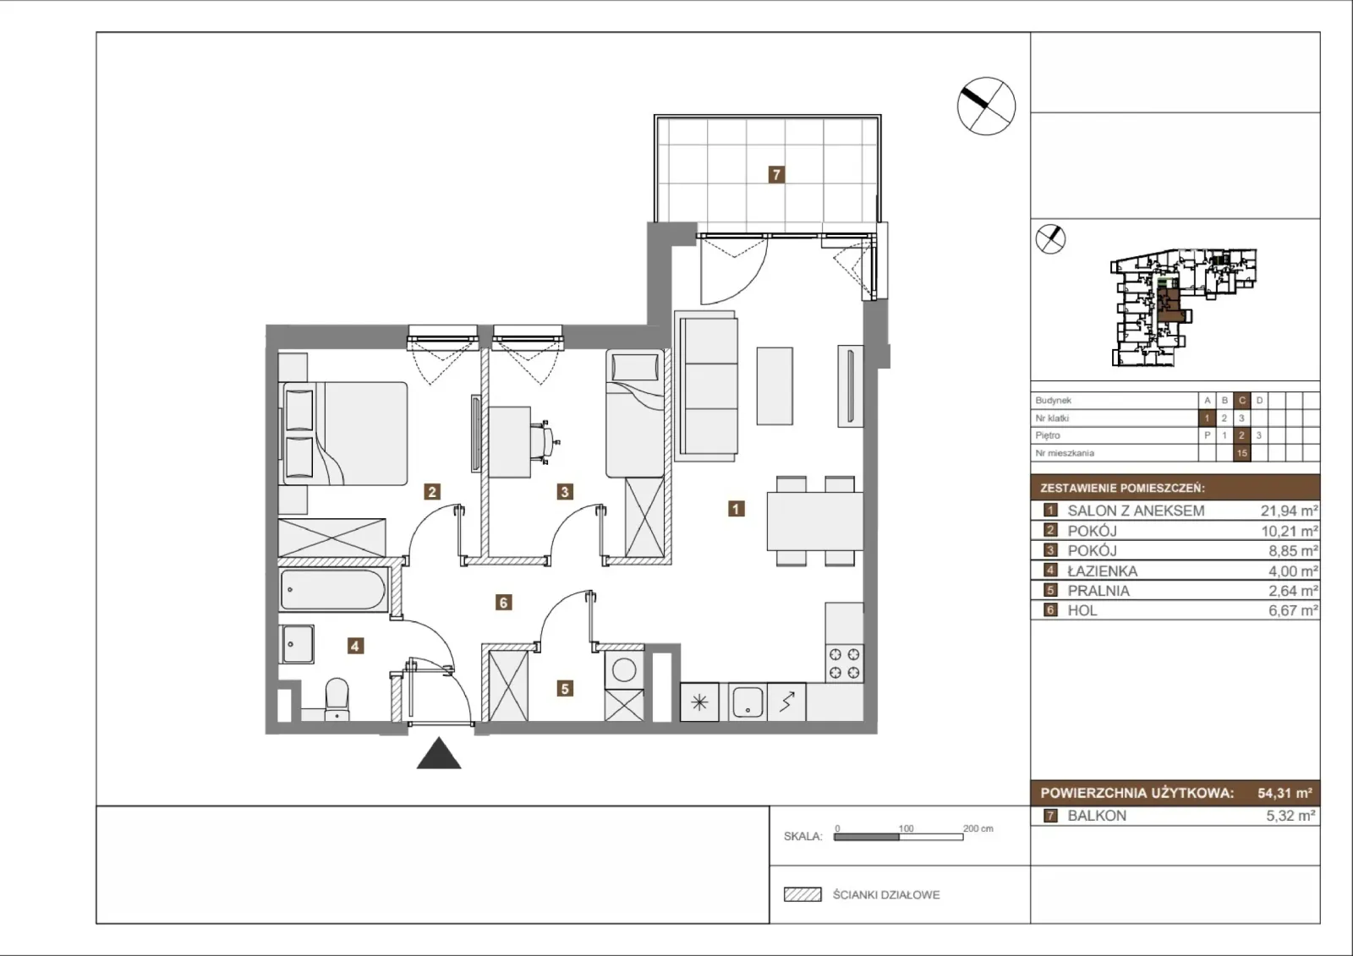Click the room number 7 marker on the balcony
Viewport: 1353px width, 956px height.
776,175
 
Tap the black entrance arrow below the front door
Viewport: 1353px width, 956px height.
439,754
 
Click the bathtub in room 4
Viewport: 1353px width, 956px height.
333,589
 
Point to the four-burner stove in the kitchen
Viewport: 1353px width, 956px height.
845,664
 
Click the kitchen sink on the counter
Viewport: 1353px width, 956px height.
748,702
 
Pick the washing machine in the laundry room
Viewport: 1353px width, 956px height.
624,669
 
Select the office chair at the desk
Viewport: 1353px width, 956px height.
545,441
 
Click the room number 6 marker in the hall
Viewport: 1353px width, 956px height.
503,602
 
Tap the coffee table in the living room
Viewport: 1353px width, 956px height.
775,386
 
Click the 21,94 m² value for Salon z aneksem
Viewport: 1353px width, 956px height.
1289,511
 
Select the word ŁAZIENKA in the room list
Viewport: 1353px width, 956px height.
1103,571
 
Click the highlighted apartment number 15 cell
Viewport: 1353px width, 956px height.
1242,453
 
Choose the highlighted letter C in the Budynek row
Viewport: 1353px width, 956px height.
1242,401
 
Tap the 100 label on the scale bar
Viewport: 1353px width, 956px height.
906,828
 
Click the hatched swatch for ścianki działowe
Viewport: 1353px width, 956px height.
802,894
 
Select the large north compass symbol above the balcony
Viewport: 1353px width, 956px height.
986,107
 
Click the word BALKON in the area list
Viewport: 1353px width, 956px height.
1097,816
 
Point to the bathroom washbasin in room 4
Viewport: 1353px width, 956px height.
297,644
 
